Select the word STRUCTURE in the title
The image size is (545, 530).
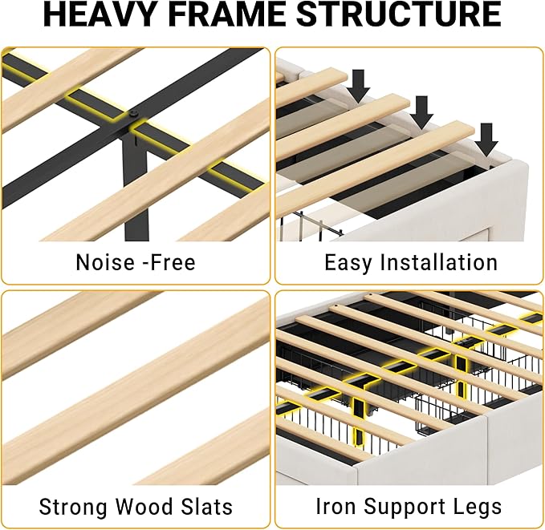[x=399, y=14]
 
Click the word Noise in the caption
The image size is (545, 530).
[x=105, y=262]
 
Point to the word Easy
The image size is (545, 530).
[x=348, y=263]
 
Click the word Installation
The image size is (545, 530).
[x=439, y=262]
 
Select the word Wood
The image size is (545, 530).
[x=144, y=507]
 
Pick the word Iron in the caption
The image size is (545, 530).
[x=336, y=506]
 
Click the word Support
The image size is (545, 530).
[x=403, y=508]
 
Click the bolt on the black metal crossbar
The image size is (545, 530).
[x=132, y=114]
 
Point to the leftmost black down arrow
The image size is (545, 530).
[x=358, y=86]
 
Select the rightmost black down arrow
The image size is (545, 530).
[x=486, y=140]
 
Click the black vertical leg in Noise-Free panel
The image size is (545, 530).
[x=136, y=188]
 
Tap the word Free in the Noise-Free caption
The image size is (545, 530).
[x=173, y=262]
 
